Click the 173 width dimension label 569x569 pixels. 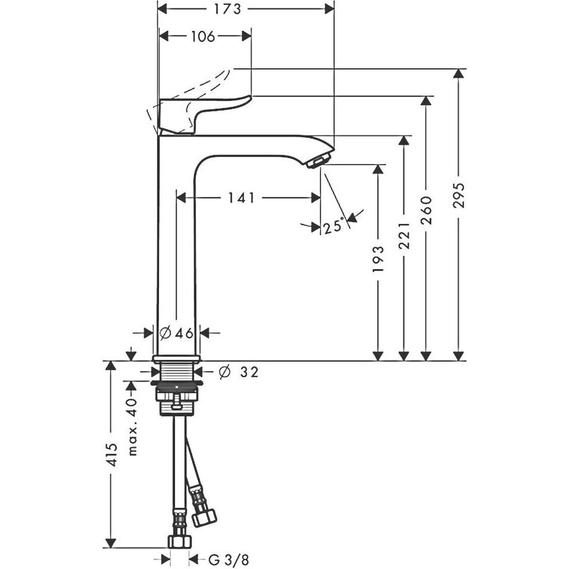[227, 9]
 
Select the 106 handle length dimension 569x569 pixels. [203, 36]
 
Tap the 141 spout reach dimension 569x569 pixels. [241, 198]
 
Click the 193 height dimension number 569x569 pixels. [379, 259]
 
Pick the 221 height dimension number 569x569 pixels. [404, 236]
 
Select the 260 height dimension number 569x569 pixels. [427, 210]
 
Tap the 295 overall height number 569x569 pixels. [459, 195]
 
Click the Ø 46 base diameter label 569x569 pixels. [176, 333]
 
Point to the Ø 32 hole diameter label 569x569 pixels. [239, 372]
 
